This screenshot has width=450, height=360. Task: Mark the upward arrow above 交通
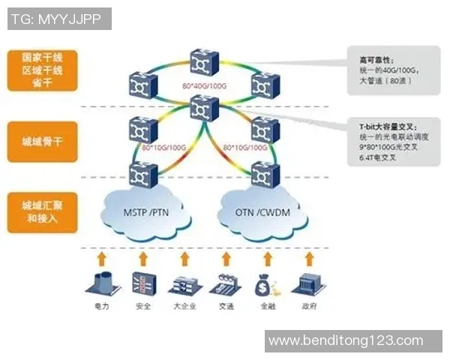coord(224,259)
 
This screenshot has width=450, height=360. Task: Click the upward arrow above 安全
coord(142,259)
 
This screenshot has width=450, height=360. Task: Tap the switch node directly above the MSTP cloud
coord(142,175)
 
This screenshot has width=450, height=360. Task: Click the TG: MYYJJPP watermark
coord(58,18)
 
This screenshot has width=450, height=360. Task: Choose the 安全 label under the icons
coord(142,307)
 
